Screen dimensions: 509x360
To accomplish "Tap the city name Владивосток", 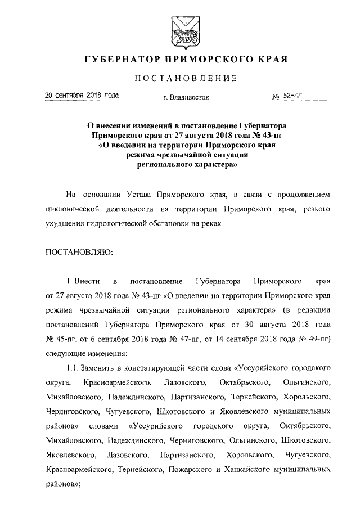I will (190, 97).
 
